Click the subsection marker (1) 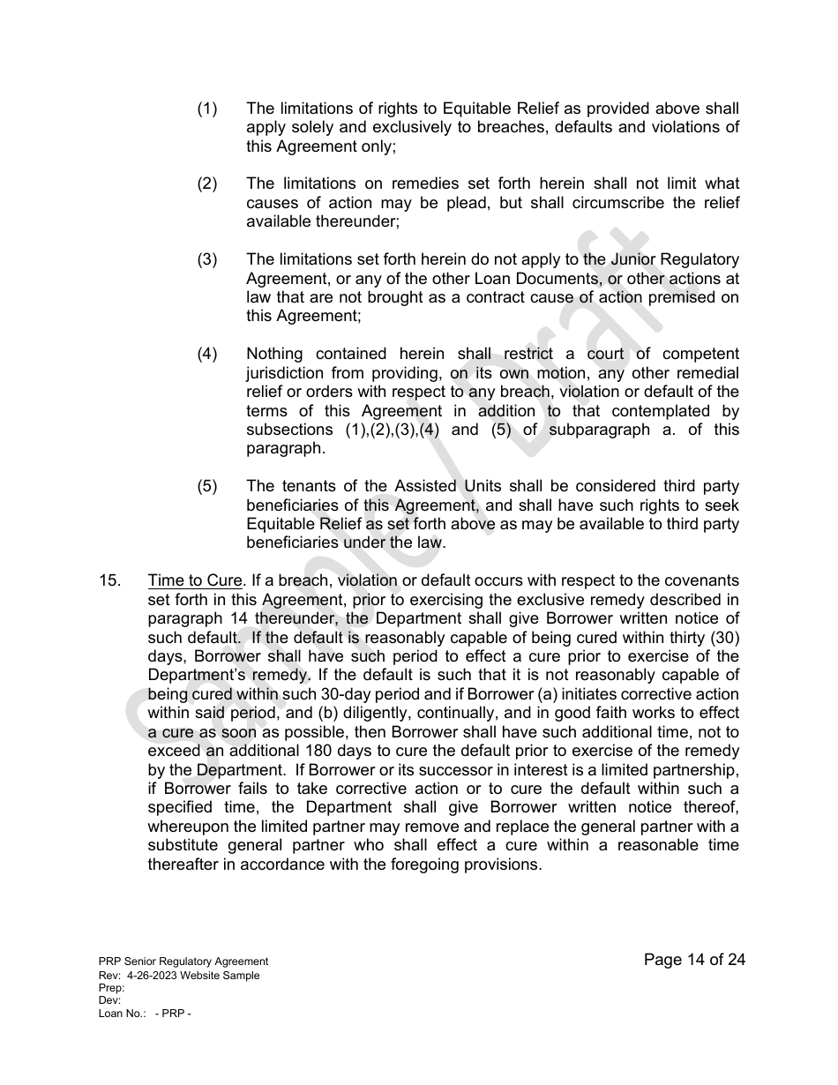coord(206,109)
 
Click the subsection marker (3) coord(206,260)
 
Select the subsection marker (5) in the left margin coord(206,487)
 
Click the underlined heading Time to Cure coord(195,581)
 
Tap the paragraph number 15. coord(109,581)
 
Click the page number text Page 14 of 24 coord(694,960)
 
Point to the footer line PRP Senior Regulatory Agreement coord(183,962)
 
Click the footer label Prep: coord(112,988)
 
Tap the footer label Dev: coord(109,1000)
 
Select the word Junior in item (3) coord(633,260)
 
